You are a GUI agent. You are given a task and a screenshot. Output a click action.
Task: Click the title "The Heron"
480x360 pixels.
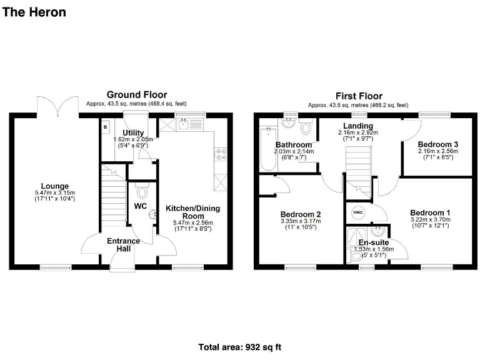(x=34, y=12)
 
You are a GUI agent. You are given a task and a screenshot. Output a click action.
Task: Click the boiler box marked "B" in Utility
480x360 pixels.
(x=104, y=126)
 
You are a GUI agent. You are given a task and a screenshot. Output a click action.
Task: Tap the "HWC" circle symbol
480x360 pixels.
(x=358, y=212)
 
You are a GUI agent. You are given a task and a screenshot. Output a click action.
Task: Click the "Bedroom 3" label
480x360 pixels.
(x=438, y=144)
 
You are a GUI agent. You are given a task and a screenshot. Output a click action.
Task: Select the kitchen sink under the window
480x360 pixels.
(x=183, y=124)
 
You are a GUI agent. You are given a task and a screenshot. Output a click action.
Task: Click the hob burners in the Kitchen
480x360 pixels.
(x=220, y=154)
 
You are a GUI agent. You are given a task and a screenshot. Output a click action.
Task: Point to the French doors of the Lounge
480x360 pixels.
(x=57, y=106)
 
